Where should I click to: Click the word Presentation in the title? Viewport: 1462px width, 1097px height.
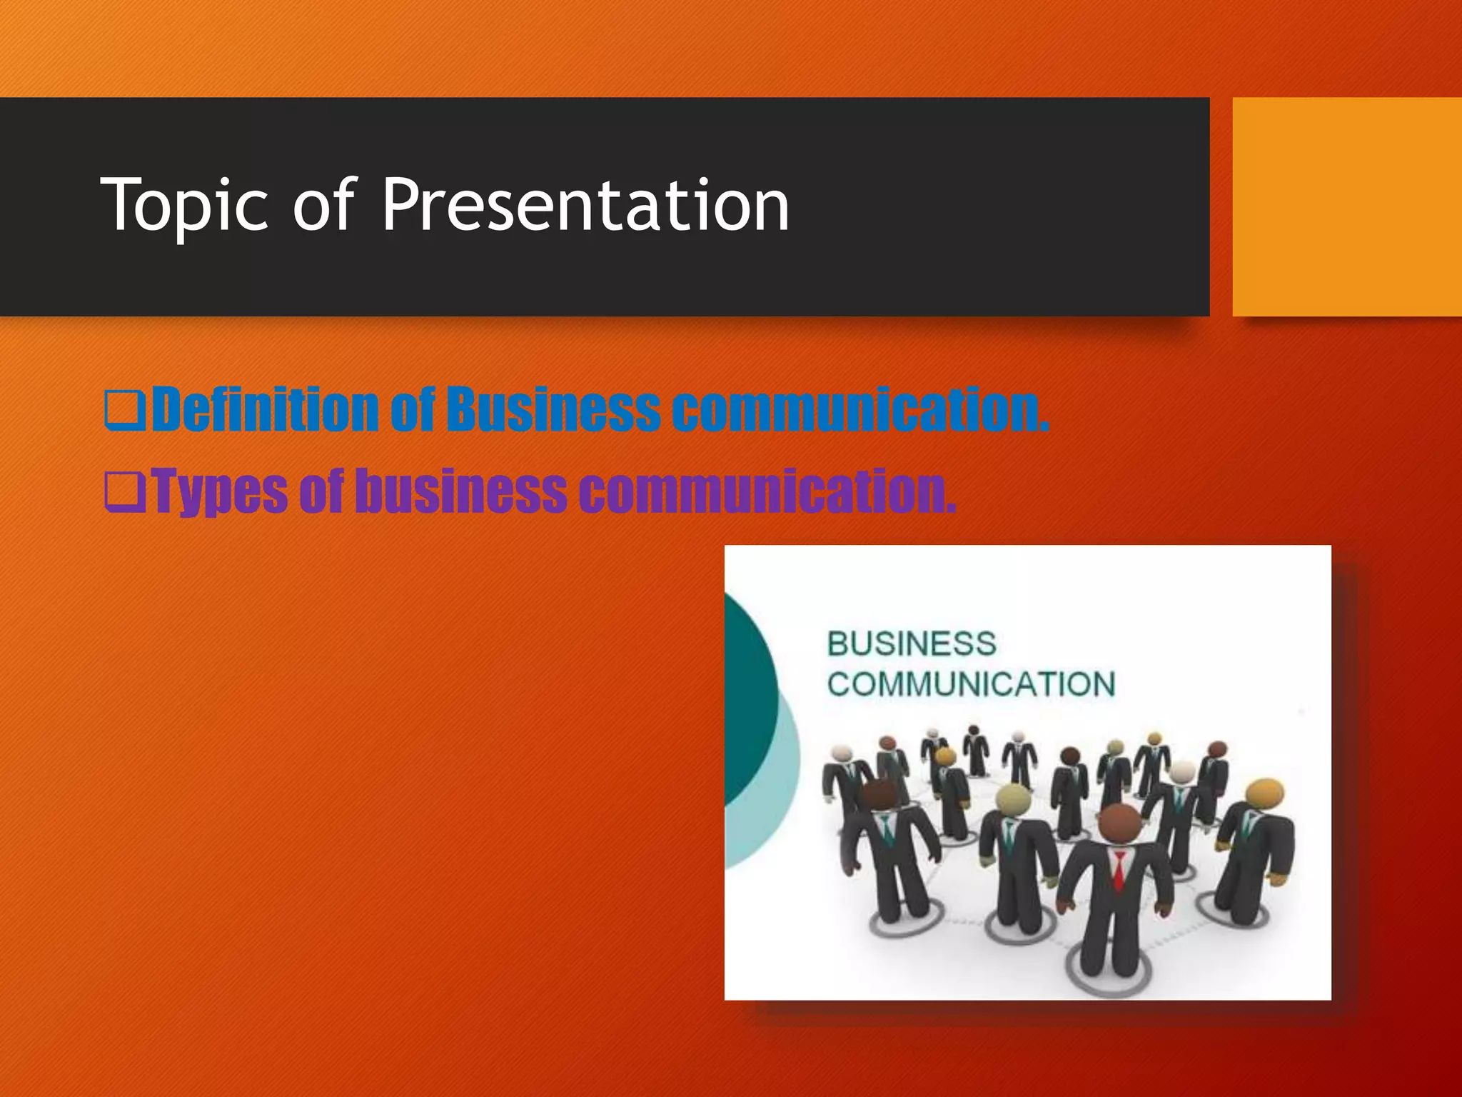tap(585, 205)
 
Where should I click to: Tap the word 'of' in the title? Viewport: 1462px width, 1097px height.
tap(323, 205)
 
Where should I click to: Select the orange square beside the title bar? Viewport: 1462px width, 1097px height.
tap(1346, 206)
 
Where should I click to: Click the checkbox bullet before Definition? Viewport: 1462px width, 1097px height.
tap(124, 410)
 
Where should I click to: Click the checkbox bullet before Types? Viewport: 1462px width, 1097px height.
tap(124, 492)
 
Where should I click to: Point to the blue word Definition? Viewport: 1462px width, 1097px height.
tap(265, 409)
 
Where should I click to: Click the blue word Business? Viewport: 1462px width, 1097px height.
tap(553, 409)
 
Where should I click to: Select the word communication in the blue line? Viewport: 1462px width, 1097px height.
tap(860, 409)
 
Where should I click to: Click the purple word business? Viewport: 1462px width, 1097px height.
tap(460, 491)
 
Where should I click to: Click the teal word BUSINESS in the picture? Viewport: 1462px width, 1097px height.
tap(912, 644)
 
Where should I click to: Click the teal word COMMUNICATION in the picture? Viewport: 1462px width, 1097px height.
tap(971, 684)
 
